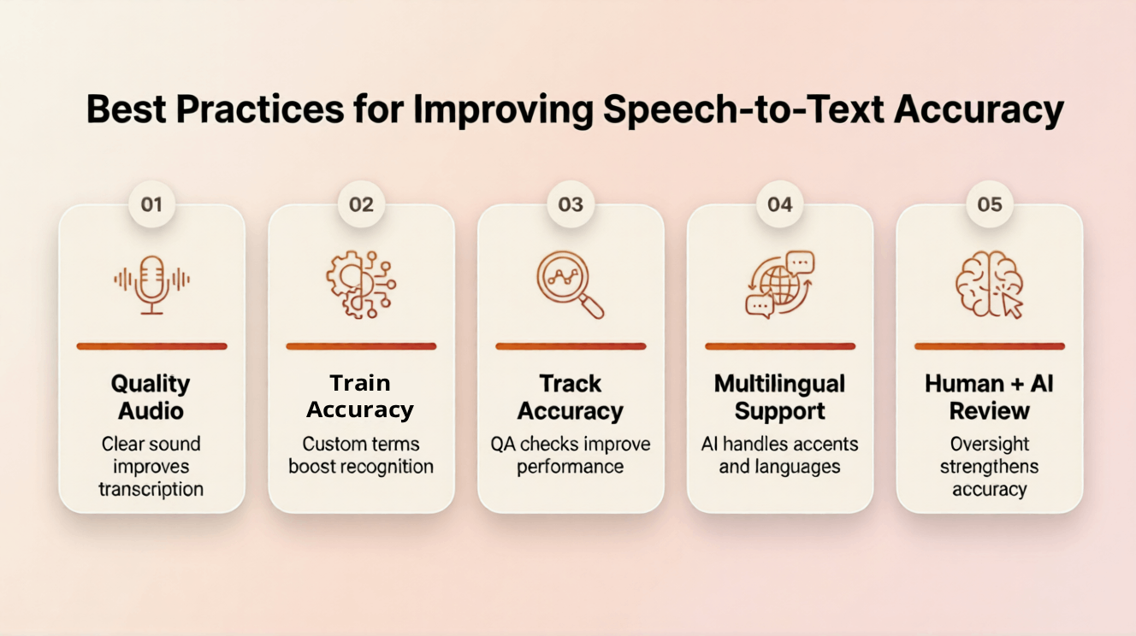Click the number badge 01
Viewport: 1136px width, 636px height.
tap(151, 204)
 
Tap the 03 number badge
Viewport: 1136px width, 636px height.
tap(571, 204)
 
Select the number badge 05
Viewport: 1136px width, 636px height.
tap(990, 204)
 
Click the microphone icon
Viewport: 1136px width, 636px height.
tap(151, 285)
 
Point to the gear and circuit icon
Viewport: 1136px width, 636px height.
tap(361, 285)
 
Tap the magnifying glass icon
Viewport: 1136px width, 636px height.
tap(571, 285)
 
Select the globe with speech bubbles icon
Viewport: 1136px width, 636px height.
tap(780, 285)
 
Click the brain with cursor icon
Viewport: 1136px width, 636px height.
tap(990, 285)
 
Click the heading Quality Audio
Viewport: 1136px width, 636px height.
tap(151, 397)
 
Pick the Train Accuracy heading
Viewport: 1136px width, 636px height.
tap(361, 397)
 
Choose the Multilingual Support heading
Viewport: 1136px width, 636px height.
tap(780, 397)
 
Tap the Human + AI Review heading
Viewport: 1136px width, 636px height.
tap(990, 397)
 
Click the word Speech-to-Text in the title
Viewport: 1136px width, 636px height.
tap(744, 110)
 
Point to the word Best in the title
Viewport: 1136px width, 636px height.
tap(127, 109)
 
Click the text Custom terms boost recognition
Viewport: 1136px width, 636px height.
tap(361, 455)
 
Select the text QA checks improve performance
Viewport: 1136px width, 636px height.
tap(571, 455)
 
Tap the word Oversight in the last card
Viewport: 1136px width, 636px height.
tap(990, 444)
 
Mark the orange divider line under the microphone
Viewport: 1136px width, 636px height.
tap(151, 346)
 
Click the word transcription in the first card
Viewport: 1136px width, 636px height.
tap(151, 490)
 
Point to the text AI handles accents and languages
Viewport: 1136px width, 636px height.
tap(780, 455)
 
